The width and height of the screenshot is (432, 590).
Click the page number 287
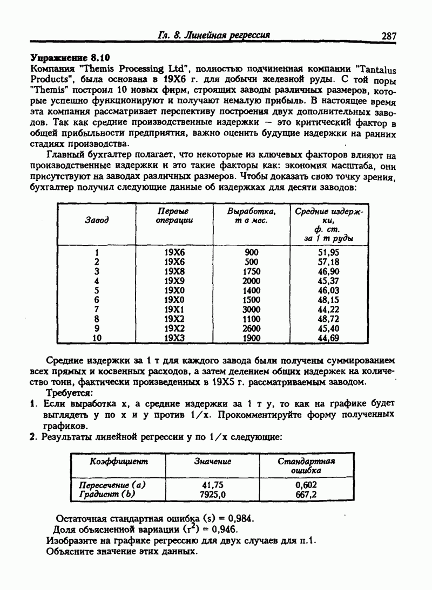tap(389, 36)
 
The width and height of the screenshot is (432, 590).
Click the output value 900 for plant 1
tap(252, 252)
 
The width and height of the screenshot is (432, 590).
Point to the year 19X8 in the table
tap(174, 271)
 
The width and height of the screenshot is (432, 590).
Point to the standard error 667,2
tap(306, 494)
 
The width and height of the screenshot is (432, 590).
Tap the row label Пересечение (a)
tap(112, 485)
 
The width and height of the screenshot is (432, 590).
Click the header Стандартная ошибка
tap(306, 465)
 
